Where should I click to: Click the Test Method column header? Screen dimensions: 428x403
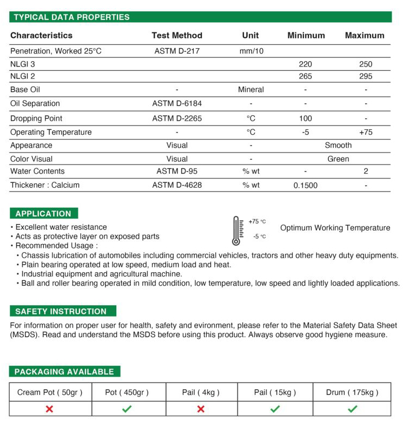coord(177,36)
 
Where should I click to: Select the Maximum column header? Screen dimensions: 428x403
coord(365,36)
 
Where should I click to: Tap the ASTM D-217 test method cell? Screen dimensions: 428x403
coord(177,51)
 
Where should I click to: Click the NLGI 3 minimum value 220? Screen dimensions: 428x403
coord(305,64)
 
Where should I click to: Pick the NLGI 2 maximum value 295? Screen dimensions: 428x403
coord(366,76)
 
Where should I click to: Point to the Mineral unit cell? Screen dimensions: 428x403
coord(251,89)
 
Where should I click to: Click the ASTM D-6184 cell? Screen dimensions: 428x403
coord(177,103)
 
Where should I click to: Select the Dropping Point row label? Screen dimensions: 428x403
coord(36,118)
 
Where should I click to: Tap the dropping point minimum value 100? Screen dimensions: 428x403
coord(305,118)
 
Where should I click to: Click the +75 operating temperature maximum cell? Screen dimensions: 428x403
coord(366,132)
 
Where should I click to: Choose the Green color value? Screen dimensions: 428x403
coord(338,159)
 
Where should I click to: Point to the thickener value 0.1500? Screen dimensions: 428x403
coord(305,186)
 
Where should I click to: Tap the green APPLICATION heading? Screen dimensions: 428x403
coord(43,214)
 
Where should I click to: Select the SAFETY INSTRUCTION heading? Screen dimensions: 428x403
coord(61,311)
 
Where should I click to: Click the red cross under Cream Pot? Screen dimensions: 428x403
coord(49,409)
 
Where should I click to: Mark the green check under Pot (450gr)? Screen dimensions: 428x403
coord(127,409)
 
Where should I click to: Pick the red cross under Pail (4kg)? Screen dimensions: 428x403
coord(201,409)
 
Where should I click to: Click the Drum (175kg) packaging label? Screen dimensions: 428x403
coord(352,392)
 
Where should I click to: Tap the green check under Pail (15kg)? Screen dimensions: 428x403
coord(275,409)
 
